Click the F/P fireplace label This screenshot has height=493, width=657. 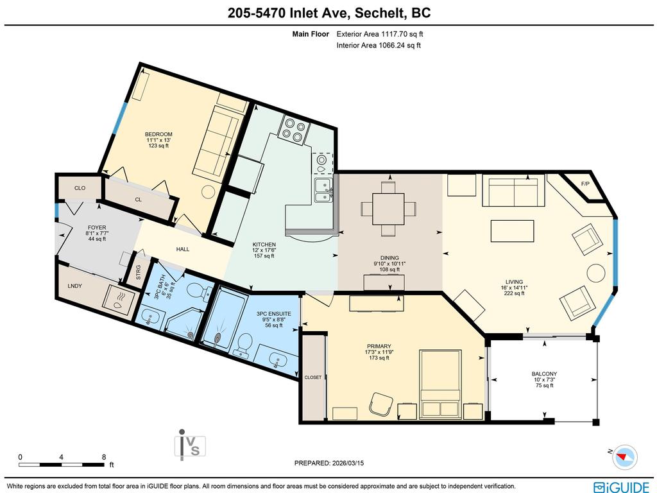(584, 184)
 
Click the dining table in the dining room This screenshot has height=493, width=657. (388, 209)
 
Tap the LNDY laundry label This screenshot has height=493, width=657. (74, 286)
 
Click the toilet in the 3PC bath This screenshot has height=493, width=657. (203, 291)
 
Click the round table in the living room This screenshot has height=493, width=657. (596, 273)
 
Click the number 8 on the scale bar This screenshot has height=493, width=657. (104, 457)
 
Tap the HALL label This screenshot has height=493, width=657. (183, 249)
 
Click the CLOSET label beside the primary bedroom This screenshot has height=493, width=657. (312, 377)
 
